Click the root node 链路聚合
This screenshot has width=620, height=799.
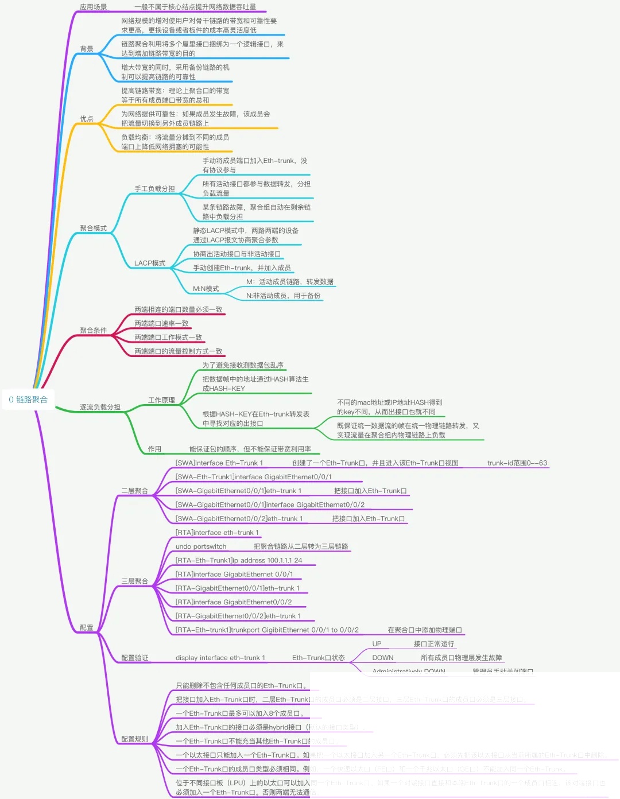point(29,399)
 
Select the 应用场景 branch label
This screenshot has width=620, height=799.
point(93,7)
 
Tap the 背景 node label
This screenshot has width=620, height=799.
point(87,49)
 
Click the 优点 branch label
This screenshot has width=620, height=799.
point(87,119)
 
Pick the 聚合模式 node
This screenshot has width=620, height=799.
point(93,228)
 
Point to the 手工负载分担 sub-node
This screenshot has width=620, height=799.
point(154,188)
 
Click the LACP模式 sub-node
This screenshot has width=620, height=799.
point(149,263)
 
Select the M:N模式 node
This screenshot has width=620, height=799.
point(206,289)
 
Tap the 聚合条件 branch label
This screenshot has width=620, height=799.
point(93,330)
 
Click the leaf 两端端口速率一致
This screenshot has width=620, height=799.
point(161,323)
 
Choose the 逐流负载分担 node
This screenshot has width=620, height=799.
point(100,407)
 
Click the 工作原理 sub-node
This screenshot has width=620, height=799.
point(161,400)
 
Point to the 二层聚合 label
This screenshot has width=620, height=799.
point(134,491)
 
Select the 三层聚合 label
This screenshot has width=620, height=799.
point(134,581)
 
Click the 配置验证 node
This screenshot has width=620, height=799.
point(134,658)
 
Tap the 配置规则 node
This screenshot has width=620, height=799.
point(134,739)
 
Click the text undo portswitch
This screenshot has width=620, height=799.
point(201,546)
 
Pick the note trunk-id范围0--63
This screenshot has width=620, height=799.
point(517,463)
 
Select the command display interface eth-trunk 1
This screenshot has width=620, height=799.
point(220,658)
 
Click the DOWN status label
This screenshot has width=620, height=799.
point(382,658)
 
